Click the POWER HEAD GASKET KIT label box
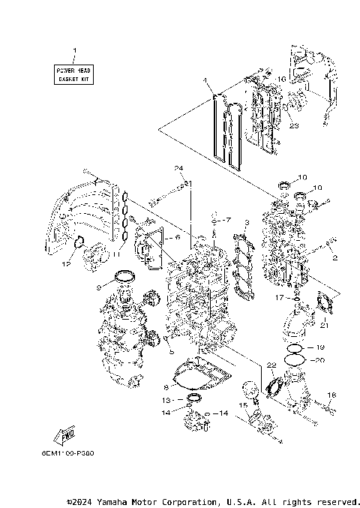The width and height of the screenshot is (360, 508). pos(74,74)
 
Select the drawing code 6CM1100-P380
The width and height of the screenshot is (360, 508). pos(73,452)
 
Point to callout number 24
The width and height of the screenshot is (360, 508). pos(179,167)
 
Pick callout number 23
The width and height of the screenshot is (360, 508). pos(293,126)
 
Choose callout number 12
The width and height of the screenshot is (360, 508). pos(66,263)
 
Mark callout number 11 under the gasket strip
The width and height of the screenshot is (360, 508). pos(115,254)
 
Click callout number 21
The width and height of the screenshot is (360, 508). pos(324,325)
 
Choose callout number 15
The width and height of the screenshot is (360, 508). pos(242,406)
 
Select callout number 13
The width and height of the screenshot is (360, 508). pos(168,400)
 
